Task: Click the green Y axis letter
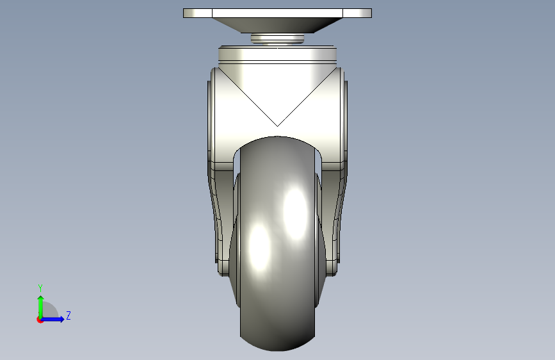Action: click(40, 288)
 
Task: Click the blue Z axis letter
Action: click(68, 315)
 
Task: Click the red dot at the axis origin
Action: click(40, 320)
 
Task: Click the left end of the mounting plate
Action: click(184, 13)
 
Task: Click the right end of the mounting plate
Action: click(371, 13)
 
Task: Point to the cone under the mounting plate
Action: click(278, 25)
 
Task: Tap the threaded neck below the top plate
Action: click(278, 38)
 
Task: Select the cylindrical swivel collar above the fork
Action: click(278, 54)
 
